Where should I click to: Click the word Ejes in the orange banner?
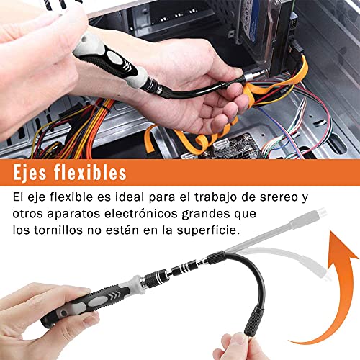coord(30,173)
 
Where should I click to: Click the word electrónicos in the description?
coord(141,213)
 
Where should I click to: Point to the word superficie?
coord(208,230)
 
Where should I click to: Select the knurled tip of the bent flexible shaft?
coord(253,322)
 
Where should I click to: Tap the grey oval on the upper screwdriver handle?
coord(115,58)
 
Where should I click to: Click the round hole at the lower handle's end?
coord(63,313)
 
